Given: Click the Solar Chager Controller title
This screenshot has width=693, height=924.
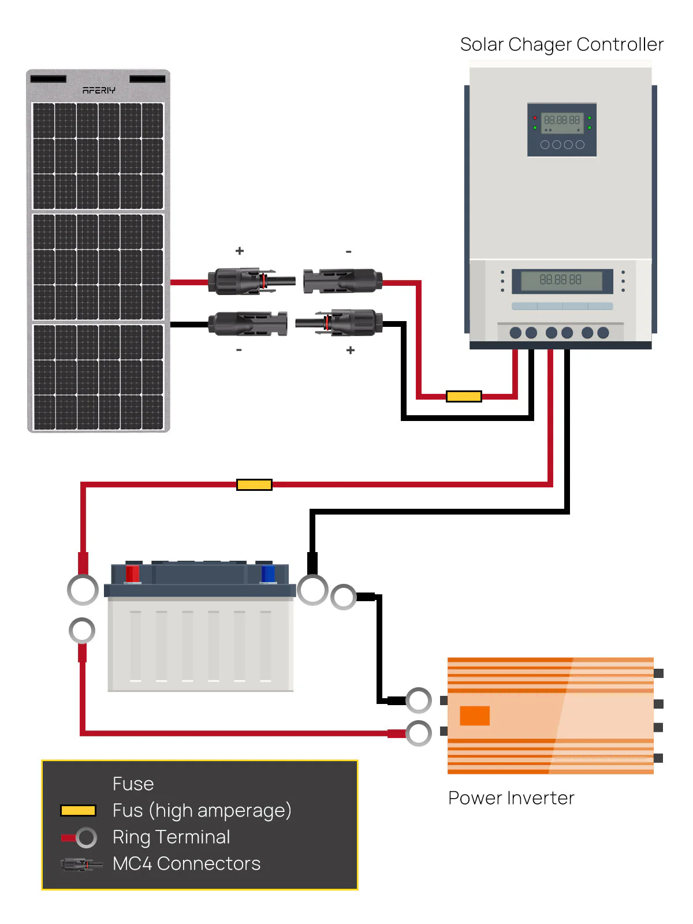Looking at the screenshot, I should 561,44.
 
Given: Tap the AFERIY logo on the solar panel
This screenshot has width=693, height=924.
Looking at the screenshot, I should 99,90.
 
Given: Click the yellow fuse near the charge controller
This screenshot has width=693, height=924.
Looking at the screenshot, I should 464,396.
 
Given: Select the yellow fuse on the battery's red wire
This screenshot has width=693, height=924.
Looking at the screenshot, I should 254,485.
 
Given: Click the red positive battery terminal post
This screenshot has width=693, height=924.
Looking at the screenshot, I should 132,573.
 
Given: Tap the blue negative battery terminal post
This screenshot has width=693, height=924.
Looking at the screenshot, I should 268,573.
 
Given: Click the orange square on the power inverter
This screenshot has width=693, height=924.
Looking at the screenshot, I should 475,716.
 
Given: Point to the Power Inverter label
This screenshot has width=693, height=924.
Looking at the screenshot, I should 511,798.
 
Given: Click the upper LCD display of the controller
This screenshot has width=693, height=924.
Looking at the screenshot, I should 561,121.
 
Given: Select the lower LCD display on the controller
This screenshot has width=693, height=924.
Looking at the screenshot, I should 561,280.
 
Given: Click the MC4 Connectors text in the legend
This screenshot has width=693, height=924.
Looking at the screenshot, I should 187,864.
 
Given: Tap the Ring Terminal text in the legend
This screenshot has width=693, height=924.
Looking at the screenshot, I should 171,837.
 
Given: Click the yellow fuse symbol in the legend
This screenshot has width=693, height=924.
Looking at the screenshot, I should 78,811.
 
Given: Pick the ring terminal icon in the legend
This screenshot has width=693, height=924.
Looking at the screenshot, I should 85,837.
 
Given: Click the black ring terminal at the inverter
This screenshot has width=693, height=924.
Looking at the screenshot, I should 418,701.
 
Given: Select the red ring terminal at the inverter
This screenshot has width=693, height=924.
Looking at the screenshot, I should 418,733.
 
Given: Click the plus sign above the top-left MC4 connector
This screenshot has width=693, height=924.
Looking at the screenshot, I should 240,251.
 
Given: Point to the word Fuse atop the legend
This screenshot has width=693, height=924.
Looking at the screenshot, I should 133,784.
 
